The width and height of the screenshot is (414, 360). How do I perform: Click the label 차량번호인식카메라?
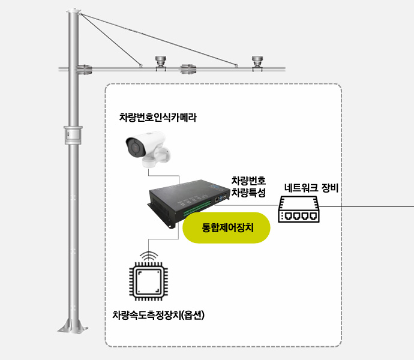coord(158,117)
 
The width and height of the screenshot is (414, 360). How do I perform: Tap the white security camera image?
coord(148,149)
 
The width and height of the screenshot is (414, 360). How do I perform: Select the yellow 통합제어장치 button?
coord(226,227)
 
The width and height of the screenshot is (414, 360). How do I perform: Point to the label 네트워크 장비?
coord(311,188)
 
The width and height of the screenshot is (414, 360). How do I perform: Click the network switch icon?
coord(299,209)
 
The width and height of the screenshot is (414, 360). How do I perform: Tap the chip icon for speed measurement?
coord(148,281)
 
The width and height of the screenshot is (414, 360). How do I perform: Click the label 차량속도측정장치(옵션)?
coord(158,315)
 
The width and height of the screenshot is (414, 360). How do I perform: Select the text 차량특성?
coord(248,193)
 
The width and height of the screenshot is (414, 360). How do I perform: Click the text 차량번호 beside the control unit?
coord(248,181)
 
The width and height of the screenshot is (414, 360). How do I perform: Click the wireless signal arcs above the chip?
coord(149,255)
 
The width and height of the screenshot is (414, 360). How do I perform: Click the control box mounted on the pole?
coord(73,135)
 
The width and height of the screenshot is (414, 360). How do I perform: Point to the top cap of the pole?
coord(73,11)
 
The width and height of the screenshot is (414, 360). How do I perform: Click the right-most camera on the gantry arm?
coord(257,63)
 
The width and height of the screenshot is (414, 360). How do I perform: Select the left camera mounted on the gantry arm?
coord(161,63)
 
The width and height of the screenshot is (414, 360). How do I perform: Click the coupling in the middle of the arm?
coord(188,69)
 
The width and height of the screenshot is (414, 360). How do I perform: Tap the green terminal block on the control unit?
coord(197,208)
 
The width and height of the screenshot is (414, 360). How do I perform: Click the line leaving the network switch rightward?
coord(367,206)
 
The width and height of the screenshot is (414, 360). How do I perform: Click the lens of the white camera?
coord(134,147)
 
